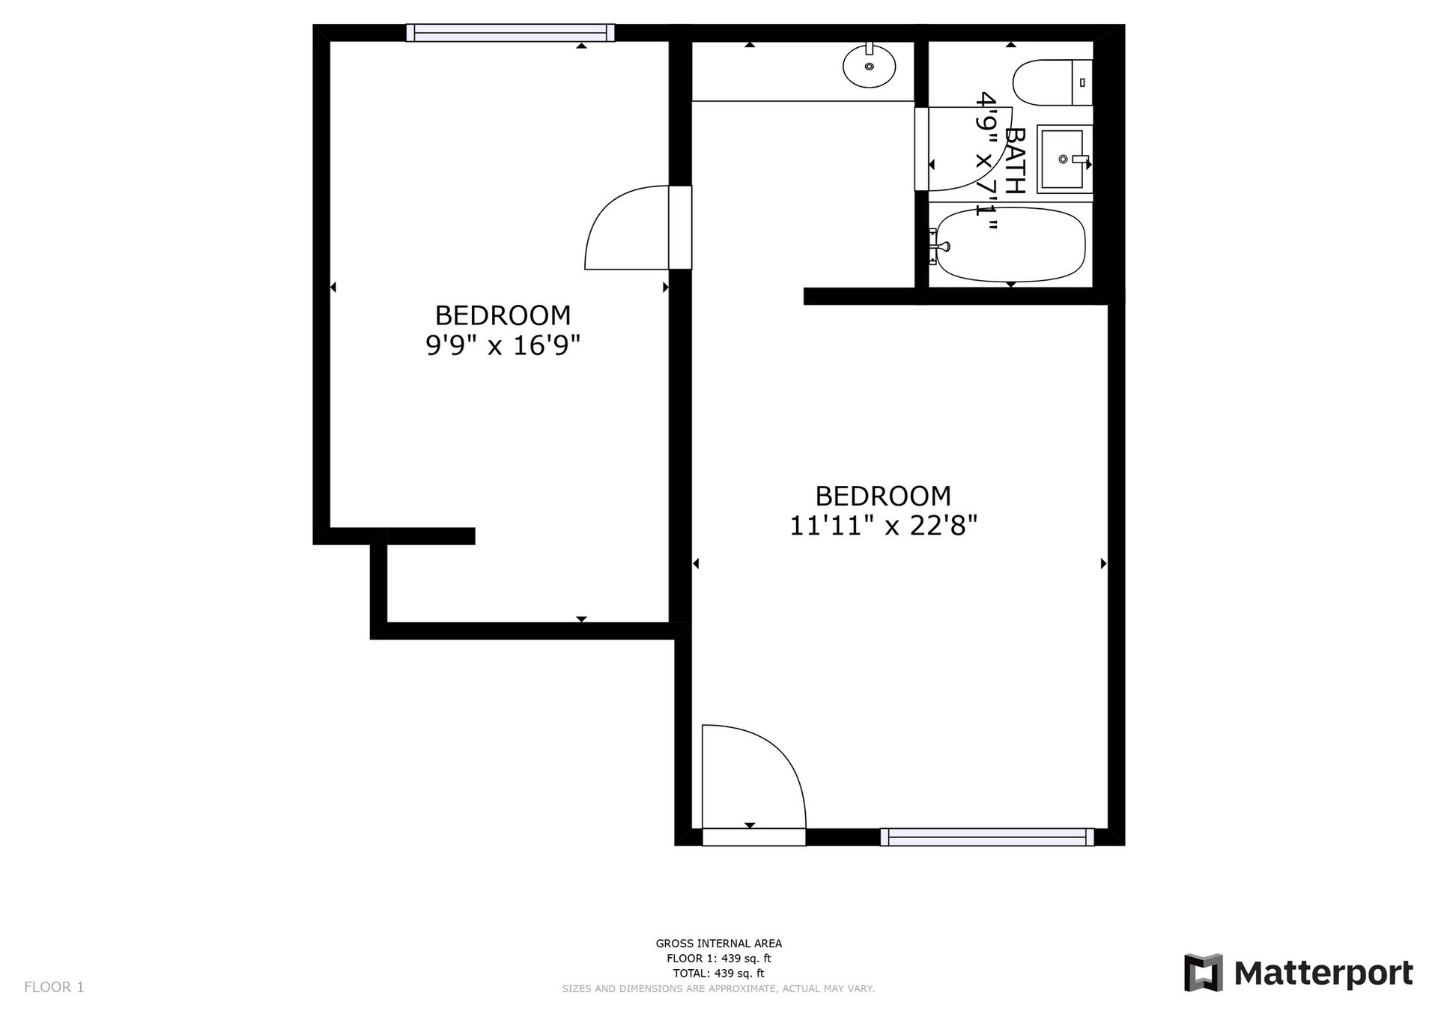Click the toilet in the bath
[1052, 82]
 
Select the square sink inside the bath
[1064, 159]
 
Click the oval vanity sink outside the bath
[869, 66]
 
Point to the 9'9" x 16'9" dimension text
[503, 345]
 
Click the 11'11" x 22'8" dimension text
[884, 526]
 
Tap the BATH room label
[1014, 161]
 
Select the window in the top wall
[510, 33]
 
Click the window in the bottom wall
[987, 837]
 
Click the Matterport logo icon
[1203, 973]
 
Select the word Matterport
[1323, 974]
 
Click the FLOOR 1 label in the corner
[54, 987]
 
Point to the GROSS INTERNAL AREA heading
[719, 944]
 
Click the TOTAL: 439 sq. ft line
[719, 974]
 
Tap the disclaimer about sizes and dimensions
[718, 989]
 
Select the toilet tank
[1083, 82]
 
